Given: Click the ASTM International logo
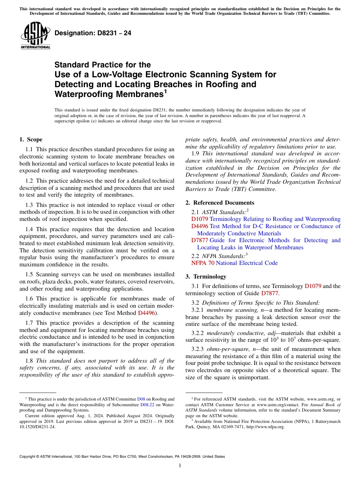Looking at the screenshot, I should coord(35,36).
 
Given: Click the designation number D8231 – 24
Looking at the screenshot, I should coord(93,33).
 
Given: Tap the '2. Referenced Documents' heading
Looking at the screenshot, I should coord(220,203).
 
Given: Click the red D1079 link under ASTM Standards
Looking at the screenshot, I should coord(200,219).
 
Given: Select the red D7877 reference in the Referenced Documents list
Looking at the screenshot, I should coord(200,240).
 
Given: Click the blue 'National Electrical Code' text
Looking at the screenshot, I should coord(247,263).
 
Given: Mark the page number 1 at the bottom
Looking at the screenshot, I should coord(180,466).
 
